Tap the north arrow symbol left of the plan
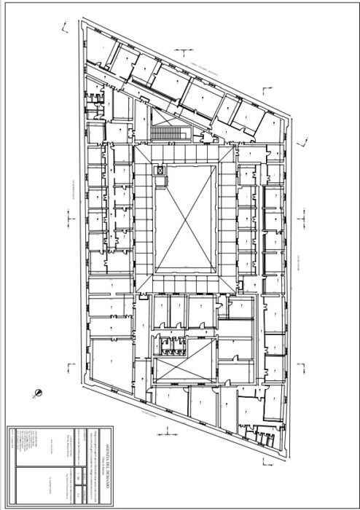click(x=37, y=393)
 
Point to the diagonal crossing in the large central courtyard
click(x=185, y=218)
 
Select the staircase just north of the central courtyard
click(x=169, y=133)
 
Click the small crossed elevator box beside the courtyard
click(x=160, y=170)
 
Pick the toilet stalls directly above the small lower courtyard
click(x=171, y=346)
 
